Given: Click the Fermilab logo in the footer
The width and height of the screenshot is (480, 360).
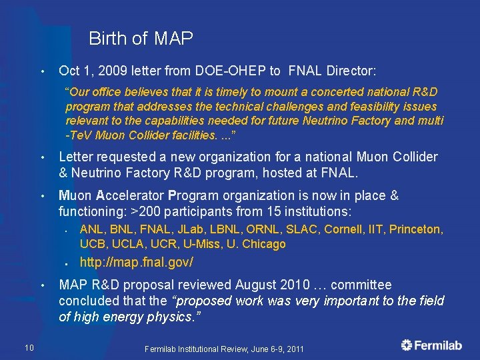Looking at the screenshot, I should tap(431, 345).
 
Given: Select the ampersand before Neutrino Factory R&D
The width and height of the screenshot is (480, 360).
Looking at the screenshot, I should tap(63, 173).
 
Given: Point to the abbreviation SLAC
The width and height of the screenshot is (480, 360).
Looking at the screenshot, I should tap(303, 229).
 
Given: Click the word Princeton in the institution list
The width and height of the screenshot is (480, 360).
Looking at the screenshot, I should tap(415, 229).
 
